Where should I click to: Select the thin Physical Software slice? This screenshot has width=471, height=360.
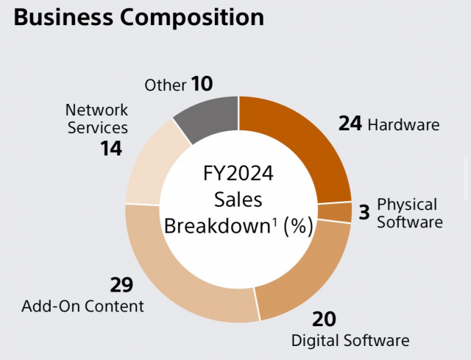pyautogui.click(x=334, y=212)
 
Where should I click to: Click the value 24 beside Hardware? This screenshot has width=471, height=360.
pyautogui.click(x=350, y=124)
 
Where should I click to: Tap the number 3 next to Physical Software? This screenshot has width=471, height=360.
pyautogui.click(x=364, y=213)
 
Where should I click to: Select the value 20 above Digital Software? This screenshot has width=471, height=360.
pyautogui.click(x=323, y=319)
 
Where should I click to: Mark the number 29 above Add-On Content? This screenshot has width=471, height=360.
pyautogui.click(x=121, y=285)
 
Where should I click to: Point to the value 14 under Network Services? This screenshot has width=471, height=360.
pyautogui.click(x=112, y=149)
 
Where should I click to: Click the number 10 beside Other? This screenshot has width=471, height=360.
pyautogui.click(x=202, y=84)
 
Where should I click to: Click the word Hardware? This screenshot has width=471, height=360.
pyautogui.click(x=403, y=124)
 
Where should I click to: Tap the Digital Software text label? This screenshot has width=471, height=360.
pyautogui.click(x=350, y=340)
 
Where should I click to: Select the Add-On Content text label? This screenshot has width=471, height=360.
pyautogui.click(x=82, y=306)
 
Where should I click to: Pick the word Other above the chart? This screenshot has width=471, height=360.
pyautogui.click(x=166, y=85)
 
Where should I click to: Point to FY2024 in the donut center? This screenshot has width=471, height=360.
pyautogui.click(x=238, y=174)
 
